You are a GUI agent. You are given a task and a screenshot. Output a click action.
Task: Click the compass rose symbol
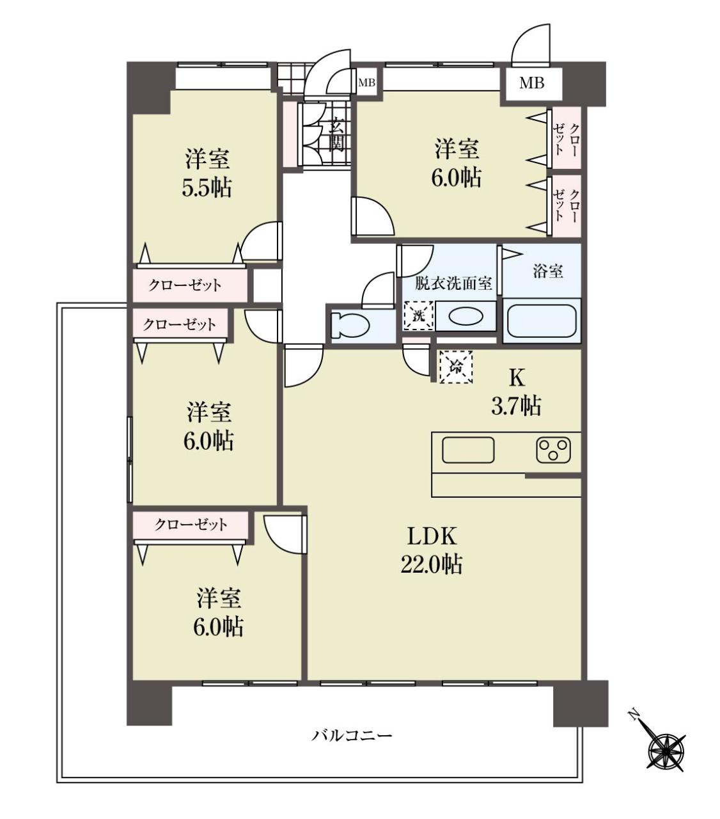[x=666, y=751]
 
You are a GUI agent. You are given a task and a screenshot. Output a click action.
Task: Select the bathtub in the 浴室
[x=542, y=321]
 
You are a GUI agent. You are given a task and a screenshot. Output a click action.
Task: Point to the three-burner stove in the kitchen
[x=553, y=450]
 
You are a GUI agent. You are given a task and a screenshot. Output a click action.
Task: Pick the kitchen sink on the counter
[x=468, y=450]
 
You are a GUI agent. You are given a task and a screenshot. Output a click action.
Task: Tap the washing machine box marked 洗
[x=418, y=315]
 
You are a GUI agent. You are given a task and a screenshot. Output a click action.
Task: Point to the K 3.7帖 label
[x=516, y=392]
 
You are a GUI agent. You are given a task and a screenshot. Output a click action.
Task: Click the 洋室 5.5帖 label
[x=207, y=173]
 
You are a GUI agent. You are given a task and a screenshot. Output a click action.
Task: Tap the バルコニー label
[x=352, y=735]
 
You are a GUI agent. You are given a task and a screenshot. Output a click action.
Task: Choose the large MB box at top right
[x=532, y=84]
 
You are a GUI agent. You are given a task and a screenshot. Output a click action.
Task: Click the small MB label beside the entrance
[x=367, y=83]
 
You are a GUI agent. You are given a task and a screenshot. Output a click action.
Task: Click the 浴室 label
[x=548, y=271]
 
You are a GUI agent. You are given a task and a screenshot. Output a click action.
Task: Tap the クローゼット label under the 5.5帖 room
[x=185, y=285]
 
